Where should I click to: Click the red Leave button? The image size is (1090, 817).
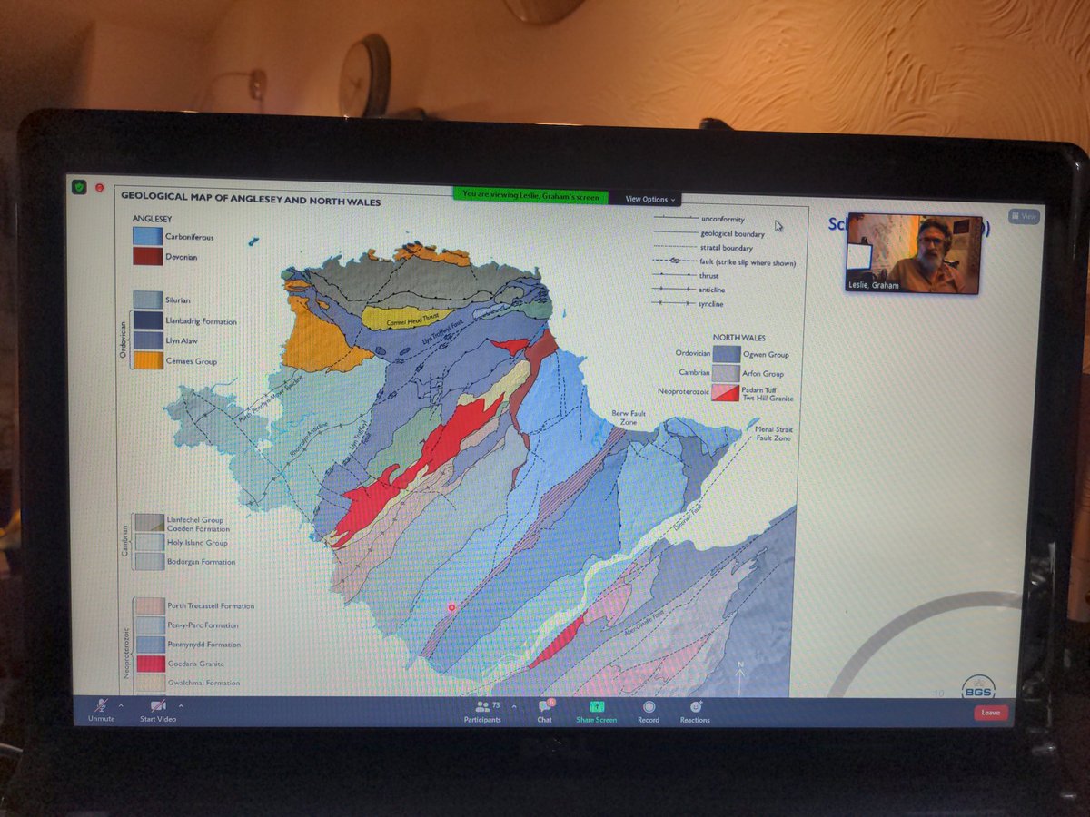[x=990, y=713]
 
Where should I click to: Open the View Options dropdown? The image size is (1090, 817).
[x=649, y=199]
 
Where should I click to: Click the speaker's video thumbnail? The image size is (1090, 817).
[x=913, y=254]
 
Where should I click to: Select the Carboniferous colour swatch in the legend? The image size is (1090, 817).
[x=147, y=236]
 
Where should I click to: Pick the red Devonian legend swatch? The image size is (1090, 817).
[x=147, y=256]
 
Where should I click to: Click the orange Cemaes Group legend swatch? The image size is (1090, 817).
[x=148, y=360]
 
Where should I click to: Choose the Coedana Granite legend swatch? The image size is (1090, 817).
[x=150, y=664]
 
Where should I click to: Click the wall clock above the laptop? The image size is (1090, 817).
[x=365, y=76]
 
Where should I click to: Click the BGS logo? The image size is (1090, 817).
[x=977, y=687]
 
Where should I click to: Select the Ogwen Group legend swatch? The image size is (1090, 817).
[x=726, y=354]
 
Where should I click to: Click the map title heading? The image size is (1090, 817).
[x=251, y=201]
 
